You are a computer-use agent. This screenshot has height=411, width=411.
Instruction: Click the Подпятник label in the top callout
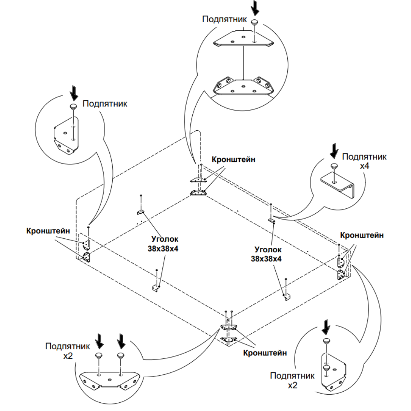224,19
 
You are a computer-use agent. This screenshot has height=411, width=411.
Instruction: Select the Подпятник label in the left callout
105,104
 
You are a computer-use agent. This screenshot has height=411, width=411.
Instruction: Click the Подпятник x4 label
364,161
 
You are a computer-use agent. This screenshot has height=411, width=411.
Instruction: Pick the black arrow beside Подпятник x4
334,151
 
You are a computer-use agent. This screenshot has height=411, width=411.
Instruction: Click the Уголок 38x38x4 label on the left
163,244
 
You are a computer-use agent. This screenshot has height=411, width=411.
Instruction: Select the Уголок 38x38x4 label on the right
266,254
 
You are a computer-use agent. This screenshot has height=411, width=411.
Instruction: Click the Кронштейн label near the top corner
233,159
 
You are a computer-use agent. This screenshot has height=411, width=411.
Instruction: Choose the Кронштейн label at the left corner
48,231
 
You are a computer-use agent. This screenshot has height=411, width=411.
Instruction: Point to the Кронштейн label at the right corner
362,235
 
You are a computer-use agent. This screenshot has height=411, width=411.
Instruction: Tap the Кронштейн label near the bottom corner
265,353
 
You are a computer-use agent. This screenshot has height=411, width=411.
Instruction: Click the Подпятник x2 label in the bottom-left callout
68,351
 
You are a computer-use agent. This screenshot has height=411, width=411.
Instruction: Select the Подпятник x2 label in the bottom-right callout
292,381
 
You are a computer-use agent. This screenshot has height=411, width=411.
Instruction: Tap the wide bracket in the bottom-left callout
109,380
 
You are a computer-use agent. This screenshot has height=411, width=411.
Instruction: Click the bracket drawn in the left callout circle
66,136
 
